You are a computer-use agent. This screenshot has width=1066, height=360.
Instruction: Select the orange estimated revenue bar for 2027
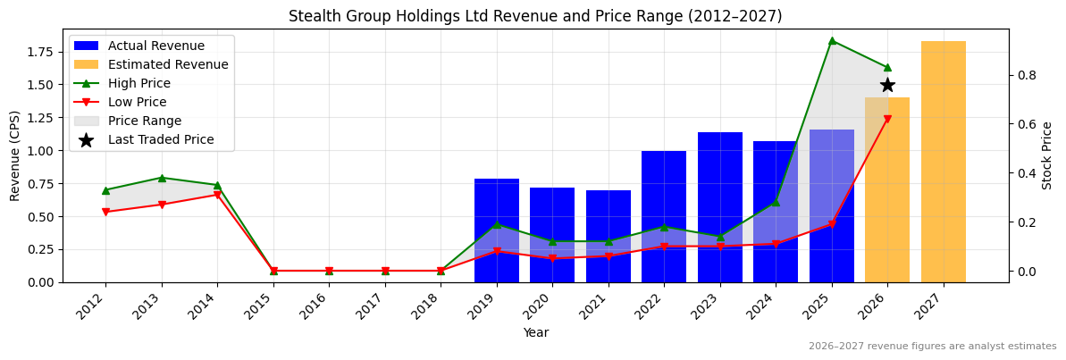point(944,162)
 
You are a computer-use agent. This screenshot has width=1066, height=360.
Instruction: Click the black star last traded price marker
point(887,85)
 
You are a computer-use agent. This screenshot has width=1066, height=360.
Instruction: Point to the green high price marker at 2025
point(832,40)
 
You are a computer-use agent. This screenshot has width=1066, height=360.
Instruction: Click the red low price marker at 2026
point(887,119)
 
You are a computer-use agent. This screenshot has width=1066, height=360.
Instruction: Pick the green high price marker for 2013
point(162,178)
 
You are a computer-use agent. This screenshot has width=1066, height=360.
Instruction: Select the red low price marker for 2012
point(105,212)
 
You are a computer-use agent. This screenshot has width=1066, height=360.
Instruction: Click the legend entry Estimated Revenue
point(168,64)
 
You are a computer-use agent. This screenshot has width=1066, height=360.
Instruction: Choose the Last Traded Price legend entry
point(161,139)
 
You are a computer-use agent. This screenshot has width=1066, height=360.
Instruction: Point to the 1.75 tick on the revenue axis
point(39,52)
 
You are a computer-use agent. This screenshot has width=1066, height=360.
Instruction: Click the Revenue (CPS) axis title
point(15,155)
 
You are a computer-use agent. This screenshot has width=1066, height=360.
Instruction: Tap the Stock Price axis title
point(1047,155)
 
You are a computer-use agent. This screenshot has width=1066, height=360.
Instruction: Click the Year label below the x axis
point(536,333)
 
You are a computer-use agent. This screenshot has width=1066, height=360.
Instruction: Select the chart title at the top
point(535,16)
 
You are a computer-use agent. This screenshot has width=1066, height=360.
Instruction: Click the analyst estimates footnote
point(932,347)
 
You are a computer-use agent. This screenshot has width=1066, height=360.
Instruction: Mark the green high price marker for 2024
point(776,202)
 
